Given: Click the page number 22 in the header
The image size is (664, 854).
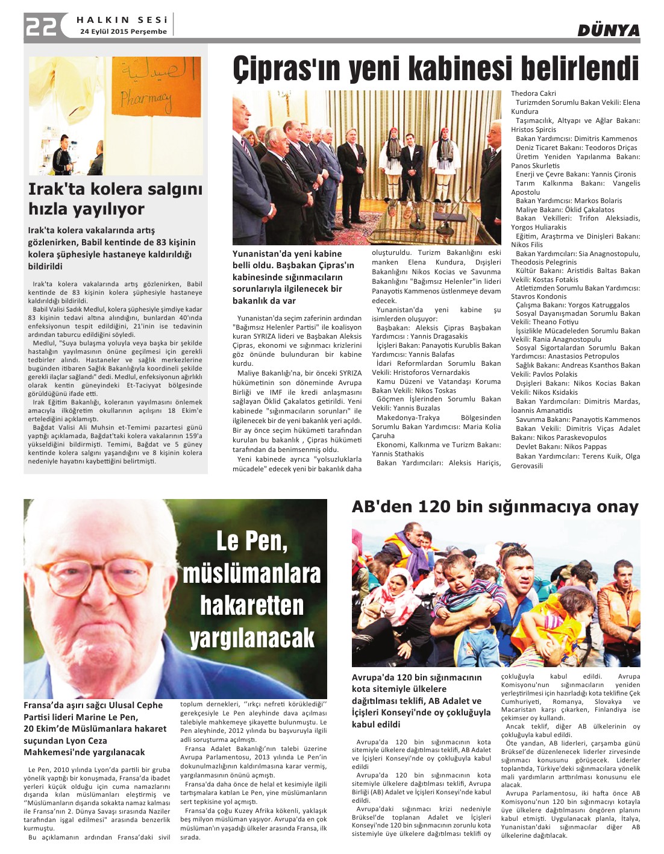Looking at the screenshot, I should point(41,27).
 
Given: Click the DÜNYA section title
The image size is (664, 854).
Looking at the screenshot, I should point(608,31).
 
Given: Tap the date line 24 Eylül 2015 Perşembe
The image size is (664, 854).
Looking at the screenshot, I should point(123,31).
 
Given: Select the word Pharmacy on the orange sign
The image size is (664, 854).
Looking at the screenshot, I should point(145,98).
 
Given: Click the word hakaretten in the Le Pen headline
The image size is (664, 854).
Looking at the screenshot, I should point(252,605).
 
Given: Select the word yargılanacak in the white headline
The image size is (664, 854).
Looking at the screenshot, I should point(252,638).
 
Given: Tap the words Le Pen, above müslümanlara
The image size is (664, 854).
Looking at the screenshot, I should point(252,541).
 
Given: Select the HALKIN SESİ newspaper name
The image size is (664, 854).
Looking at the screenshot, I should point(122,20).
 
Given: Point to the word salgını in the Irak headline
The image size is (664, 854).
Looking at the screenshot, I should point(174,189).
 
